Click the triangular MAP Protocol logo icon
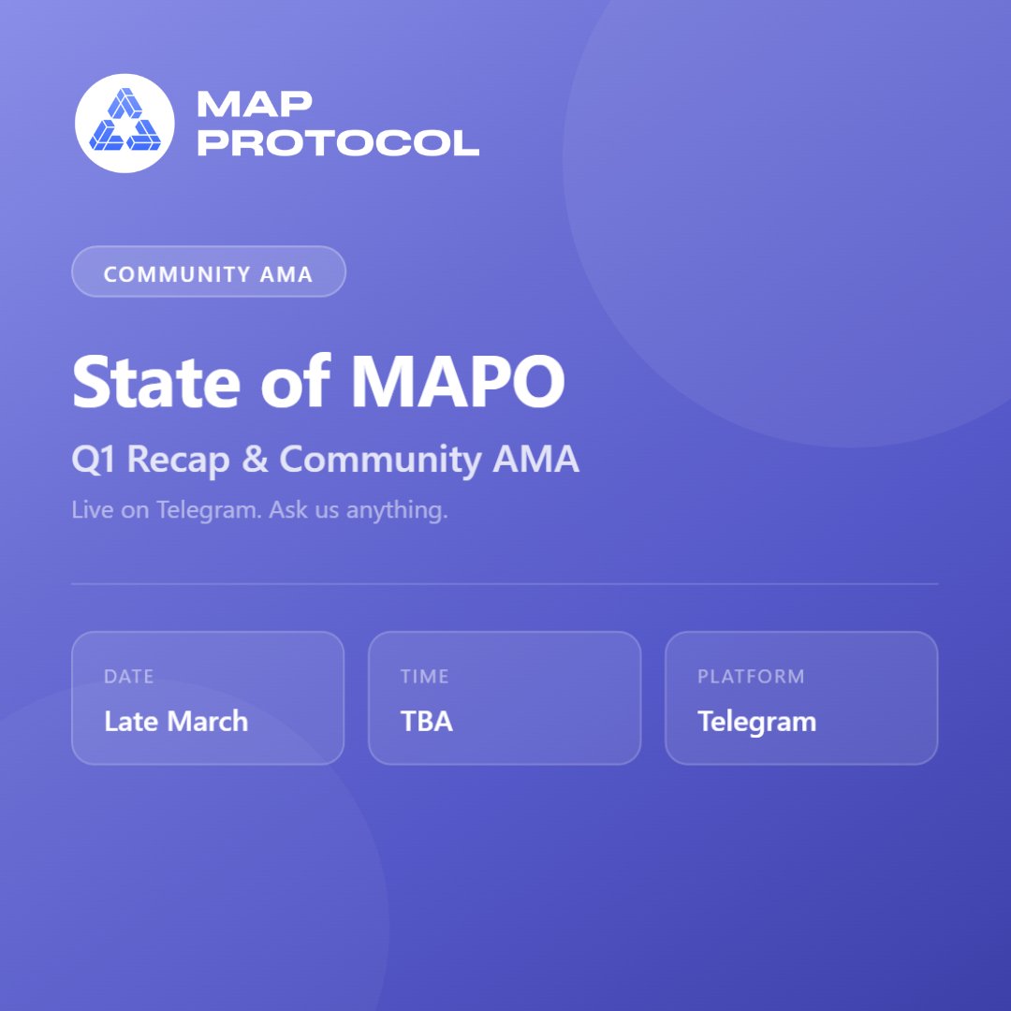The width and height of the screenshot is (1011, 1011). (125, 123)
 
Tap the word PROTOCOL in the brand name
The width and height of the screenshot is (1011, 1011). (338, 142)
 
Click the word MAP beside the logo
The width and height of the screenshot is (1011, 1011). (255, 104)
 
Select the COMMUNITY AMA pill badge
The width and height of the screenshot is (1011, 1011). (209, 271)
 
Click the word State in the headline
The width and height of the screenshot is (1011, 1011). (154, 382)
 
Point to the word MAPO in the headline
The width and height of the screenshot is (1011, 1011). (458, 382)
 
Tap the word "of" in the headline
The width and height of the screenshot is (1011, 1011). (294, 382)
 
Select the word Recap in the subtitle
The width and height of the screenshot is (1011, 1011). (178, 460)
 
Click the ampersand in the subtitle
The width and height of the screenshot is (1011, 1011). (253, 460)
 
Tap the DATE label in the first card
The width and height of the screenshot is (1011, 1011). (128, 677)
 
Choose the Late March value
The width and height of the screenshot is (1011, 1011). (176, 722)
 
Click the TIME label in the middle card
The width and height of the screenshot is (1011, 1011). (425, 677)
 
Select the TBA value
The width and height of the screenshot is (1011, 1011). (427, 722)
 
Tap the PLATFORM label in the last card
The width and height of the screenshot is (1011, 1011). (751, 677)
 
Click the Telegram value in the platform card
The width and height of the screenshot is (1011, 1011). (756, 722)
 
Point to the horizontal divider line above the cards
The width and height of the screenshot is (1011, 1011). (505, 584)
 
